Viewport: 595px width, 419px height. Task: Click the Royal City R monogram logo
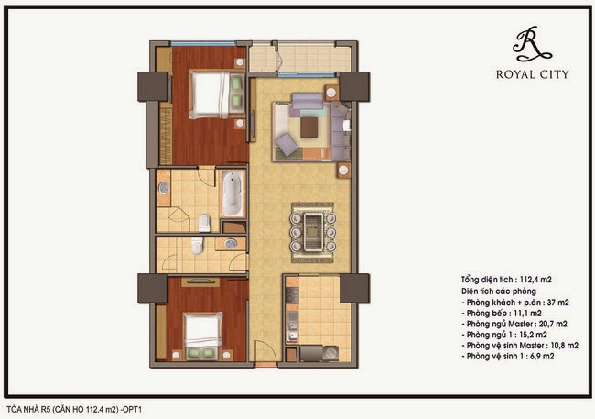[531, 44]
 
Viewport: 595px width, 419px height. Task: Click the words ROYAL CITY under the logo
[533, 74]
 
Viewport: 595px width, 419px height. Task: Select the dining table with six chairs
[313, 232]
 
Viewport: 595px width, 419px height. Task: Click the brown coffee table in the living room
[309, 127]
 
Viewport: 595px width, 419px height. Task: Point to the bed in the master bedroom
[217, 94]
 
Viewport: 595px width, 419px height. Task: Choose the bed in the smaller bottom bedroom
[203, 336]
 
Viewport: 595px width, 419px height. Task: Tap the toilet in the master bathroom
[204, 223]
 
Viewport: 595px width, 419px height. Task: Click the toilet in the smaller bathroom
[197, 245]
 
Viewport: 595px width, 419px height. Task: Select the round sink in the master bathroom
[164, 188]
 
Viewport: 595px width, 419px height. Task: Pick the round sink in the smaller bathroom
[231, 243]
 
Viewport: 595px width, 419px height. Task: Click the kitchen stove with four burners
[292, 295]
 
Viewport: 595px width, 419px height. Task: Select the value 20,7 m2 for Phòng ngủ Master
[553, 324]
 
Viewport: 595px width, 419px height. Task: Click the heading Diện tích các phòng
[499, 292]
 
